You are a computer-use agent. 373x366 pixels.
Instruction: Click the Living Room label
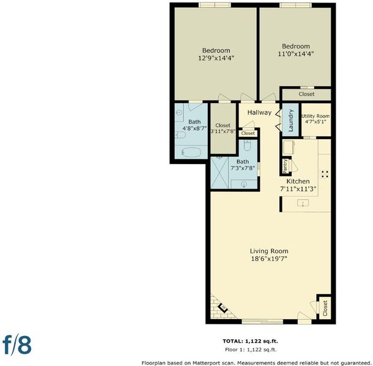(269, 251)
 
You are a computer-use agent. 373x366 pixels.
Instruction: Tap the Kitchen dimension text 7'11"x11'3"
(298, 189)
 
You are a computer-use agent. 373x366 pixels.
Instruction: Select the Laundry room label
(290, 120)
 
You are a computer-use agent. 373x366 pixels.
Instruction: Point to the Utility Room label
(316, 116)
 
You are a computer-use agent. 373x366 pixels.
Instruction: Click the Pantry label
(285, 166)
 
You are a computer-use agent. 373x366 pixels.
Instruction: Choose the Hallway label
(259, 112)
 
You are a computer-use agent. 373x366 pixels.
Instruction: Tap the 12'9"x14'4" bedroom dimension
(216, 58)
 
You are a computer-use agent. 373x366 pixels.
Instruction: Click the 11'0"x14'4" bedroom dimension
(296, 54)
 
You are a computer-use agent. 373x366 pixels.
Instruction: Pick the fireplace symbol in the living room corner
(223, 308)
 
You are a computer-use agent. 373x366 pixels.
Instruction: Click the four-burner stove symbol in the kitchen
(325, 174)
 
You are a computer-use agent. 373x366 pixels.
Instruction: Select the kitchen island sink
(303, 203)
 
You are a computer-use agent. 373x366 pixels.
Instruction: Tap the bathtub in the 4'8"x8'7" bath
(191, 152)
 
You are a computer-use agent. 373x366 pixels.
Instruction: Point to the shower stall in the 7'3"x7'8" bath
(220, 173)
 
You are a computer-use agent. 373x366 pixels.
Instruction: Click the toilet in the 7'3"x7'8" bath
(248, 145)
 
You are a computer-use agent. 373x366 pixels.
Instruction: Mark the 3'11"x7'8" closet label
(223, 128)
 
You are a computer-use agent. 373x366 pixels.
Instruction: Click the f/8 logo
(17, 345)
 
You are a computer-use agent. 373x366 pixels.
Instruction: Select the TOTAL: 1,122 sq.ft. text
(250, 341)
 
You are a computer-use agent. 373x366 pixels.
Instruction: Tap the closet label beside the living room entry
(325, 308)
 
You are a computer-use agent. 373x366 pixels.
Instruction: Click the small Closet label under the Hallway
(248, 133)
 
